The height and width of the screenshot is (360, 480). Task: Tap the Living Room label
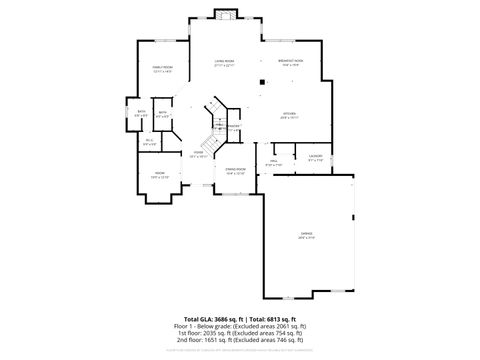(x=224, y=62)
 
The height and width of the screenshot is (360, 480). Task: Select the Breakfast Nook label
(x=291, y=62)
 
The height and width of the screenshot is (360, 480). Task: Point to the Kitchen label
(x=289, y=114)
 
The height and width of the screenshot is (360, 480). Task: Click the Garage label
(x=306, y=235)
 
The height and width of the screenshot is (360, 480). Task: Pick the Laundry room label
(x=315, y=158)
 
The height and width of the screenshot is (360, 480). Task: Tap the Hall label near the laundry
(x=273, y=162)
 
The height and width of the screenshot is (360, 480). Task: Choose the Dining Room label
(x=236, y=171)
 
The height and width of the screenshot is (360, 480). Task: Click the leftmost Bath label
(x=142, y=113)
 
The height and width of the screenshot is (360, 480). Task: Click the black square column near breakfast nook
(x=261, y=82)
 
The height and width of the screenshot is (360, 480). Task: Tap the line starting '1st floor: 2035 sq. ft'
(x=240, y=335)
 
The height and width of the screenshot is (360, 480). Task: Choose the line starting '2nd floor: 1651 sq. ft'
(x=240, y=343)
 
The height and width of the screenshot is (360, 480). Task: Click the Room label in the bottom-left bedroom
(x=159, y=175)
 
